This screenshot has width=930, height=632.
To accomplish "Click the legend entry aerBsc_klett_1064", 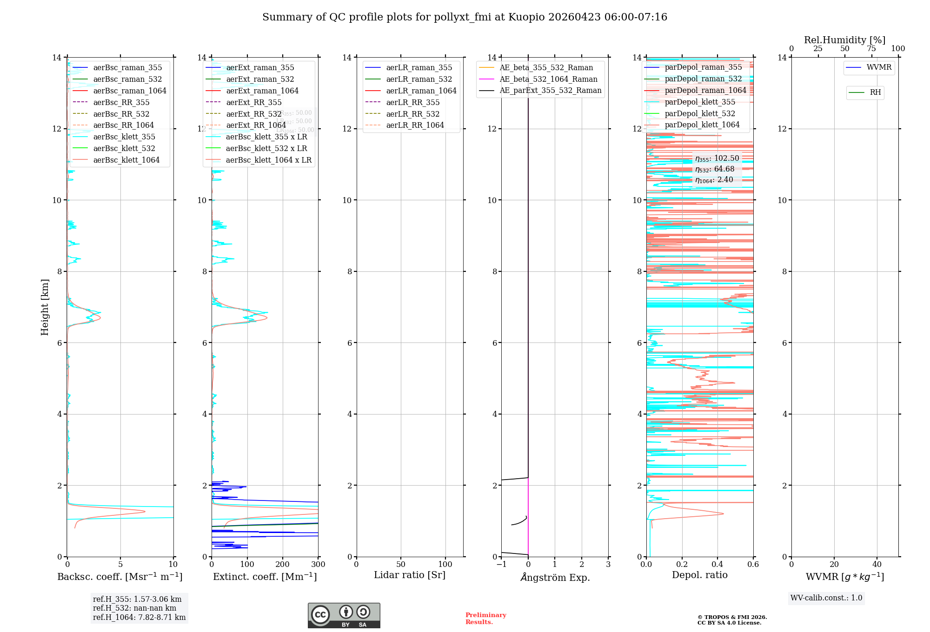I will tap(126, 160).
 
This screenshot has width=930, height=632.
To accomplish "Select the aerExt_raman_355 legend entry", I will tap(260, 68).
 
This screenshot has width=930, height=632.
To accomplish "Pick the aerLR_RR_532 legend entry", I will tap(412, 114).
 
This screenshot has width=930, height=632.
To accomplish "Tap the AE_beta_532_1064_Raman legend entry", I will tap(548, 79).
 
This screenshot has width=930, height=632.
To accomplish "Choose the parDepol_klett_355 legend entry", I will tap(700, 102).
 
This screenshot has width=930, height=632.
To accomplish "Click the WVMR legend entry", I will tap(879, 67).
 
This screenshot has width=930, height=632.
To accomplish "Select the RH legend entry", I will tap(875, 92).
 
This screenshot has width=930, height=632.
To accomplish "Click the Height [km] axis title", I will tap(45, 307).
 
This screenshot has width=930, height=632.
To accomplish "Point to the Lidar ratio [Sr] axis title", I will tap(410, 575).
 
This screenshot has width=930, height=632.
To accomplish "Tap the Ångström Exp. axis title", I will tap(555, 577).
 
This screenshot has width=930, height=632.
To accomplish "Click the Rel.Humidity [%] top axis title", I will tap(844, 40).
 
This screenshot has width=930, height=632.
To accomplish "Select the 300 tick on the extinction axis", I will tap(319, 565).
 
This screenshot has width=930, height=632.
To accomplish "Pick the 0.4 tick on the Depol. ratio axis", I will tap(717, 565).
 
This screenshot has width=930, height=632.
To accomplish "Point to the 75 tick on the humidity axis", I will tap(871, 49).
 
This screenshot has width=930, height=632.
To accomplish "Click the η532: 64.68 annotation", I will tap(715, 169).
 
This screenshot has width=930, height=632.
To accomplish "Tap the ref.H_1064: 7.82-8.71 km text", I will tap(139, 617).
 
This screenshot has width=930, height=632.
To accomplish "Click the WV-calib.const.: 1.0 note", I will tap(826, 598).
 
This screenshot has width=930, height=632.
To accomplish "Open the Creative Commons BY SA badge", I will tap(344, 615).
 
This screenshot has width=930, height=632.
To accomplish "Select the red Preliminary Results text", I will tap(485, 619).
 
